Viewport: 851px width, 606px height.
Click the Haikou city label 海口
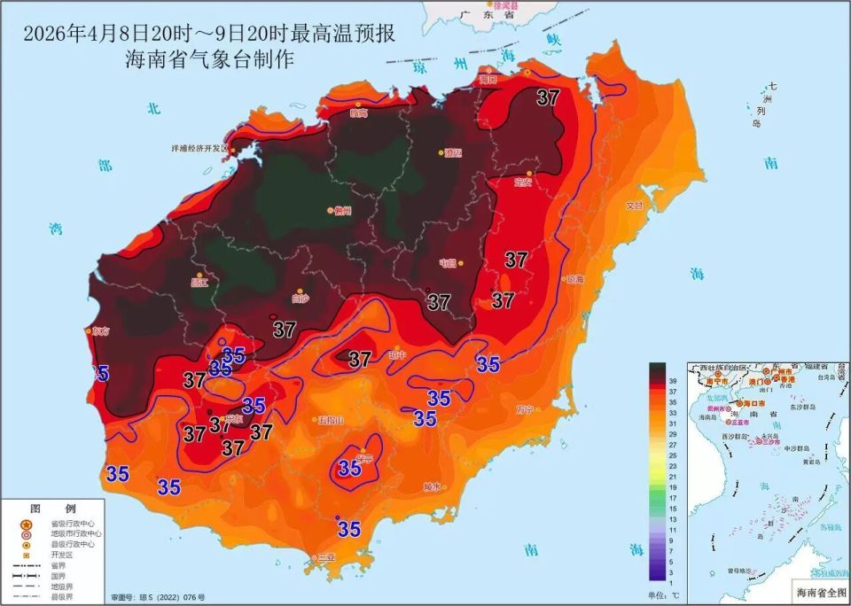(488, 79)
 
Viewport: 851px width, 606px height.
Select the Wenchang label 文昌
(635, 205)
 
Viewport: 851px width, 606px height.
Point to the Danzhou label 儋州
(342, 211)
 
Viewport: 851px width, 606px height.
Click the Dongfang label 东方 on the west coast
(99, 330)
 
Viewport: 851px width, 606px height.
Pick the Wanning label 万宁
(525, 409)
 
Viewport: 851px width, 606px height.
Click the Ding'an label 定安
(523, 183)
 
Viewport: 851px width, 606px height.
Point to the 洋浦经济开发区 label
(199, 149)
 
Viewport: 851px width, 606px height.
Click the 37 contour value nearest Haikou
(548, 97)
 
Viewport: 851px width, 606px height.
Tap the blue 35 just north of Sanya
(349, 529)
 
